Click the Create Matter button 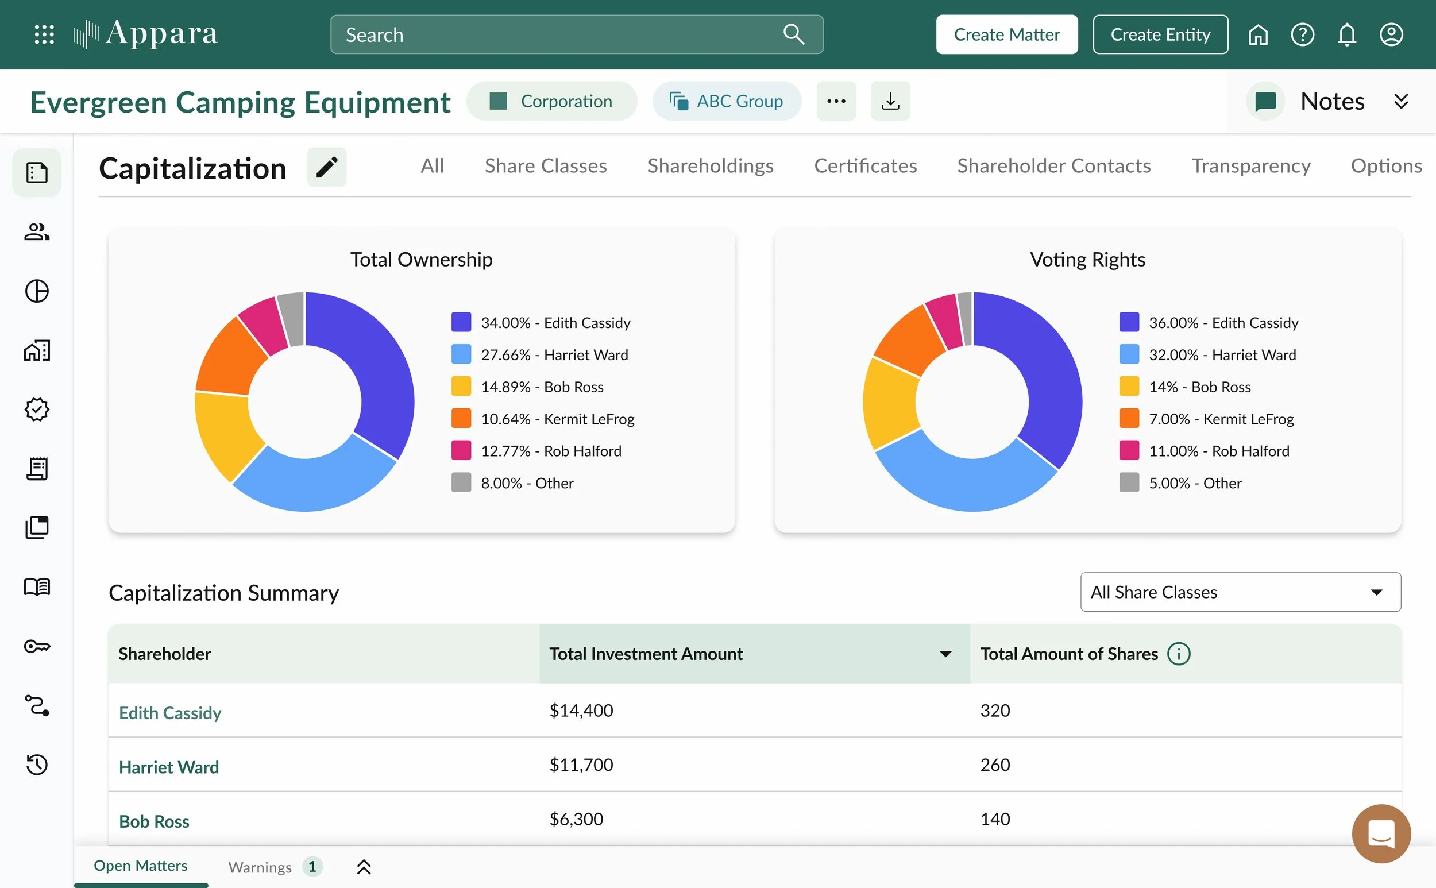(1007, 34)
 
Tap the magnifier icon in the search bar (793, 34)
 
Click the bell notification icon (1347, 34)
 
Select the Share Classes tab (546, 165)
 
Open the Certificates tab (865, 165)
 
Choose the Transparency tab (1251, 165)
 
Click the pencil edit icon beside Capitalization (327, 167)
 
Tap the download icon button (890, 101)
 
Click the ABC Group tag (727, 101)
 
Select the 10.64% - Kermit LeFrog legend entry (543, 419)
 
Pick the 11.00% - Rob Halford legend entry (1205, 451)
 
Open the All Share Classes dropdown (1241, 592)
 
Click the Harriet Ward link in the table (168, 767)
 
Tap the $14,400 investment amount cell (581, 711)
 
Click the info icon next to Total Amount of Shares (1178, 654)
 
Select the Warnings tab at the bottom (260, 867)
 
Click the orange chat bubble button (1381, 833)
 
